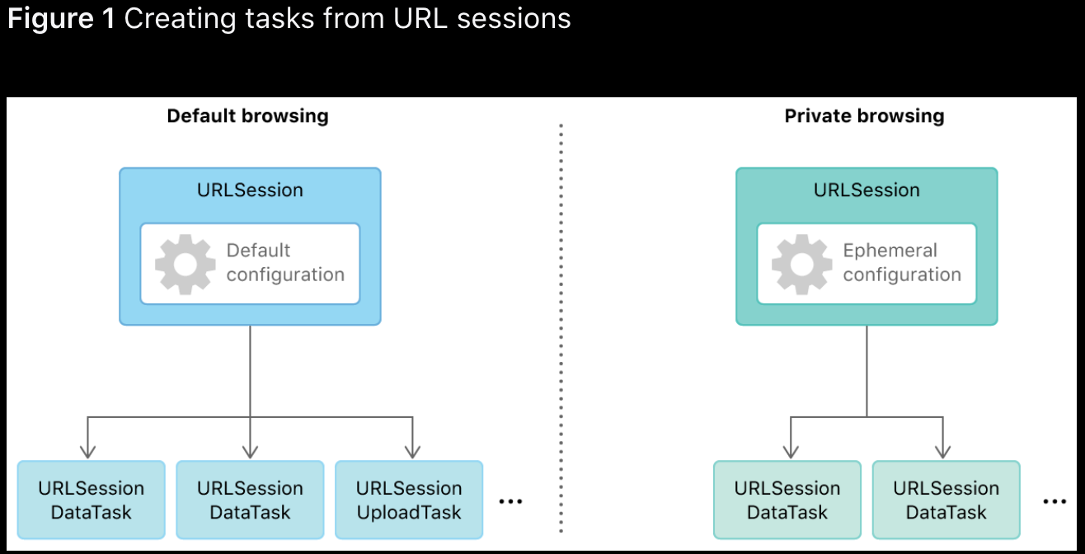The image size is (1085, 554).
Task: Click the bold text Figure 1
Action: pos(61,19)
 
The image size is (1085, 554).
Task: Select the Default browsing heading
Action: pos(247,116)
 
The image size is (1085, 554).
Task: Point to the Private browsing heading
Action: pos(865,116)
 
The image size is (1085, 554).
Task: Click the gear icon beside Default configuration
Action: pos(185,265)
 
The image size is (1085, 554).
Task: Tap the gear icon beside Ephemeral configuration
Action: pos(801,265)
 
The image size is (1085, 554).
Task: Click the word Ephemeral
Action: pos(890,251)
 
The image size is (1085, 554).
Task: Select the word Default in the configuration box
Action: pos(258,251)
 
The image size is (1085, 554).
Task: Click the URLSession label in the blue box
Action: pos(250,190)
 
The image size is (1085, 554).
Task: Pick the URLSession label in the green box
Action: pos(867,190)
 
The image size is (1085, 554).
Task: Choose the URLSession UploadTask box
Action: pos(409,500)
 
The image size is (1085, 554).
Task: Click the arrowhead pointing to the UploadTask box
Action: pos(412,453)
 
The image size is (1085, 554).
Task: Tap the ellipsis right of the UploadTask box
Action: pos(510,501)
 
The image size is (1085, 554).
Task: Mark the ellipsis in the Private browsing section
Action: pos(1054,501)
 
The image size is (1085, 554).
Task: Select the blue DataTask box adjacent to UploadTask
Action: pos(250,500)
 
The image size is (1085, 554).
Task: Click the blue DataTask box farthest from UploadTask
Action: pos(91,500)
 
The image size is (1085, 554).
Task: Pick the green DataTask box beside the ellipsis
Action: pos(946,500)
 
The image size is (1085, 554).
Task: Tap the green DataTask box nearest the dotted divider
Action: pos(787,500)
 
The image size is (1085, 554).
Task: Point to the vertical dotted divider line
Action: pos(561,328)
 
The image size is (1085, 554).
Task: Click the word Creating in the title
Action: pos(181,20)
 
